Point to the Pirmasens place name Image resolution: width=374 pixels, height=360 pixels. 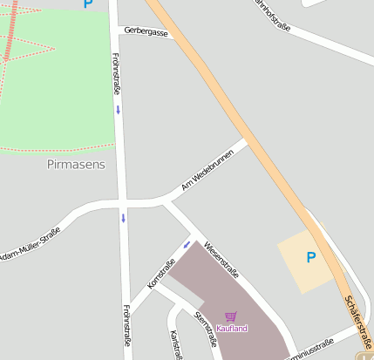[x=75, y=164]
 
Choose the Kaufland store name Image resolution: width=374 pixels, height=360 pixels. [x=232, y=329]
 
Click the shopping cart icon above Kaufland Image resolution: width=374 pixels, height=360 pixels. [x=230, y=317]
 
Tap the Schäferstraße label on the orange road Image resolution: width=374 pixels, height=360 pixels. [x=359, y=318]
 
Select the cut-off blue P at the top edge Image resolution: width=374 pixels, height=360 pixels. [x=87, y=3]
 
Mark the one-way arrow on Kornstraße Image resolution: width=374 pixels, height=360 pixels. [x=186, y=244]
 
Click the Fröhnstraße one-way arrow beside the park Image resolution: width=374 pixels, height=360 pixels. [x=119, y=110]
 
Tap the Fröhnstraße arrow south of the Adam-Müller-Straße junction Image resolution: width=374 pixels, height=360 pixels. [x=124, y=217]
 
